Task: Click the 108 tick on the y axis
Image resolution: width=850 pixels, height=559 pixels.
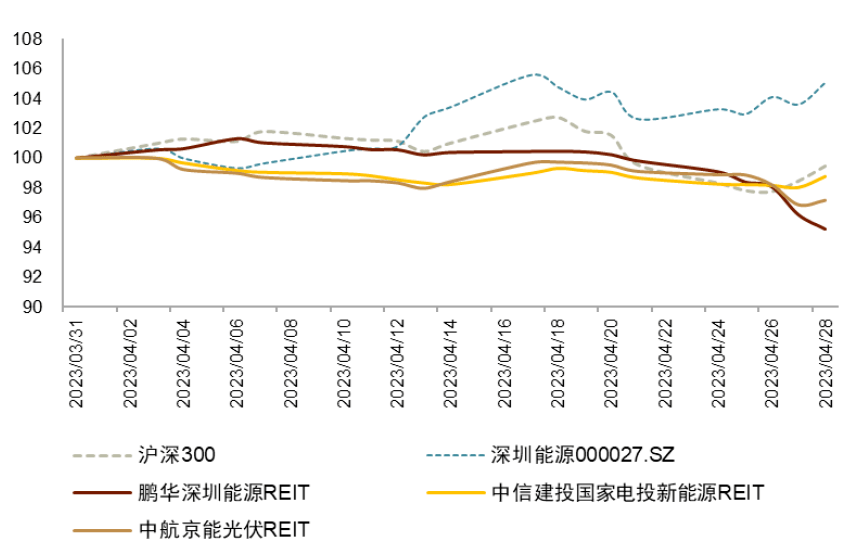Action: click(29, 39)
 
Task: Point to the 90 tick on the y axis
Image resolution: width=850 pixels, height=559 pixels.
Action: click(33, 307)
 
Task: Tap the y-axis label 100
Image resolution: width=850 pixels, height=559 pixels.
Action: click(29, 158)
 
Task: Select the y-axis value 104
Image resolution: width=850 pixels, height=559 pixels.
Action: click(29, 98)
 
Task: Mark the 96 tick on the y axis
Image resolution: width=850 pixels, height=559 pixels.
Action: click(33, 217)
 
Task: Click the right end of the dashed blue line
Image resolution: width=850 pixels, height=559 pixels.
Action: click(824, 83)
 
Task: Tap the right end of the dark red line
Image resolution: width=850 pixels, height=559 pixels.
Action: click(825, 229)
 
